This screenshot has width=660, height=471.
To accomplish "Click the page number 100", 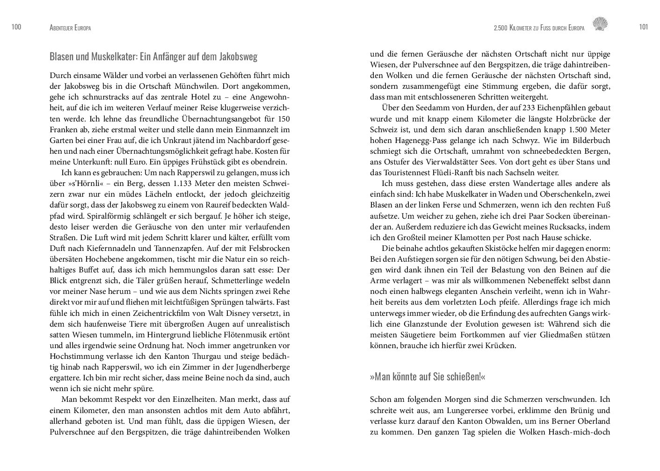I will [x=16, y=27].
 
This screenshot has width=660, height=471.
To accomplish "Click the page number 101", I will [x=643, y=27].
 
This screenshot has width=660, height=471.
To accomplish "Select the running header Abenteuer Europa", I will [x=70, y=28].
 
